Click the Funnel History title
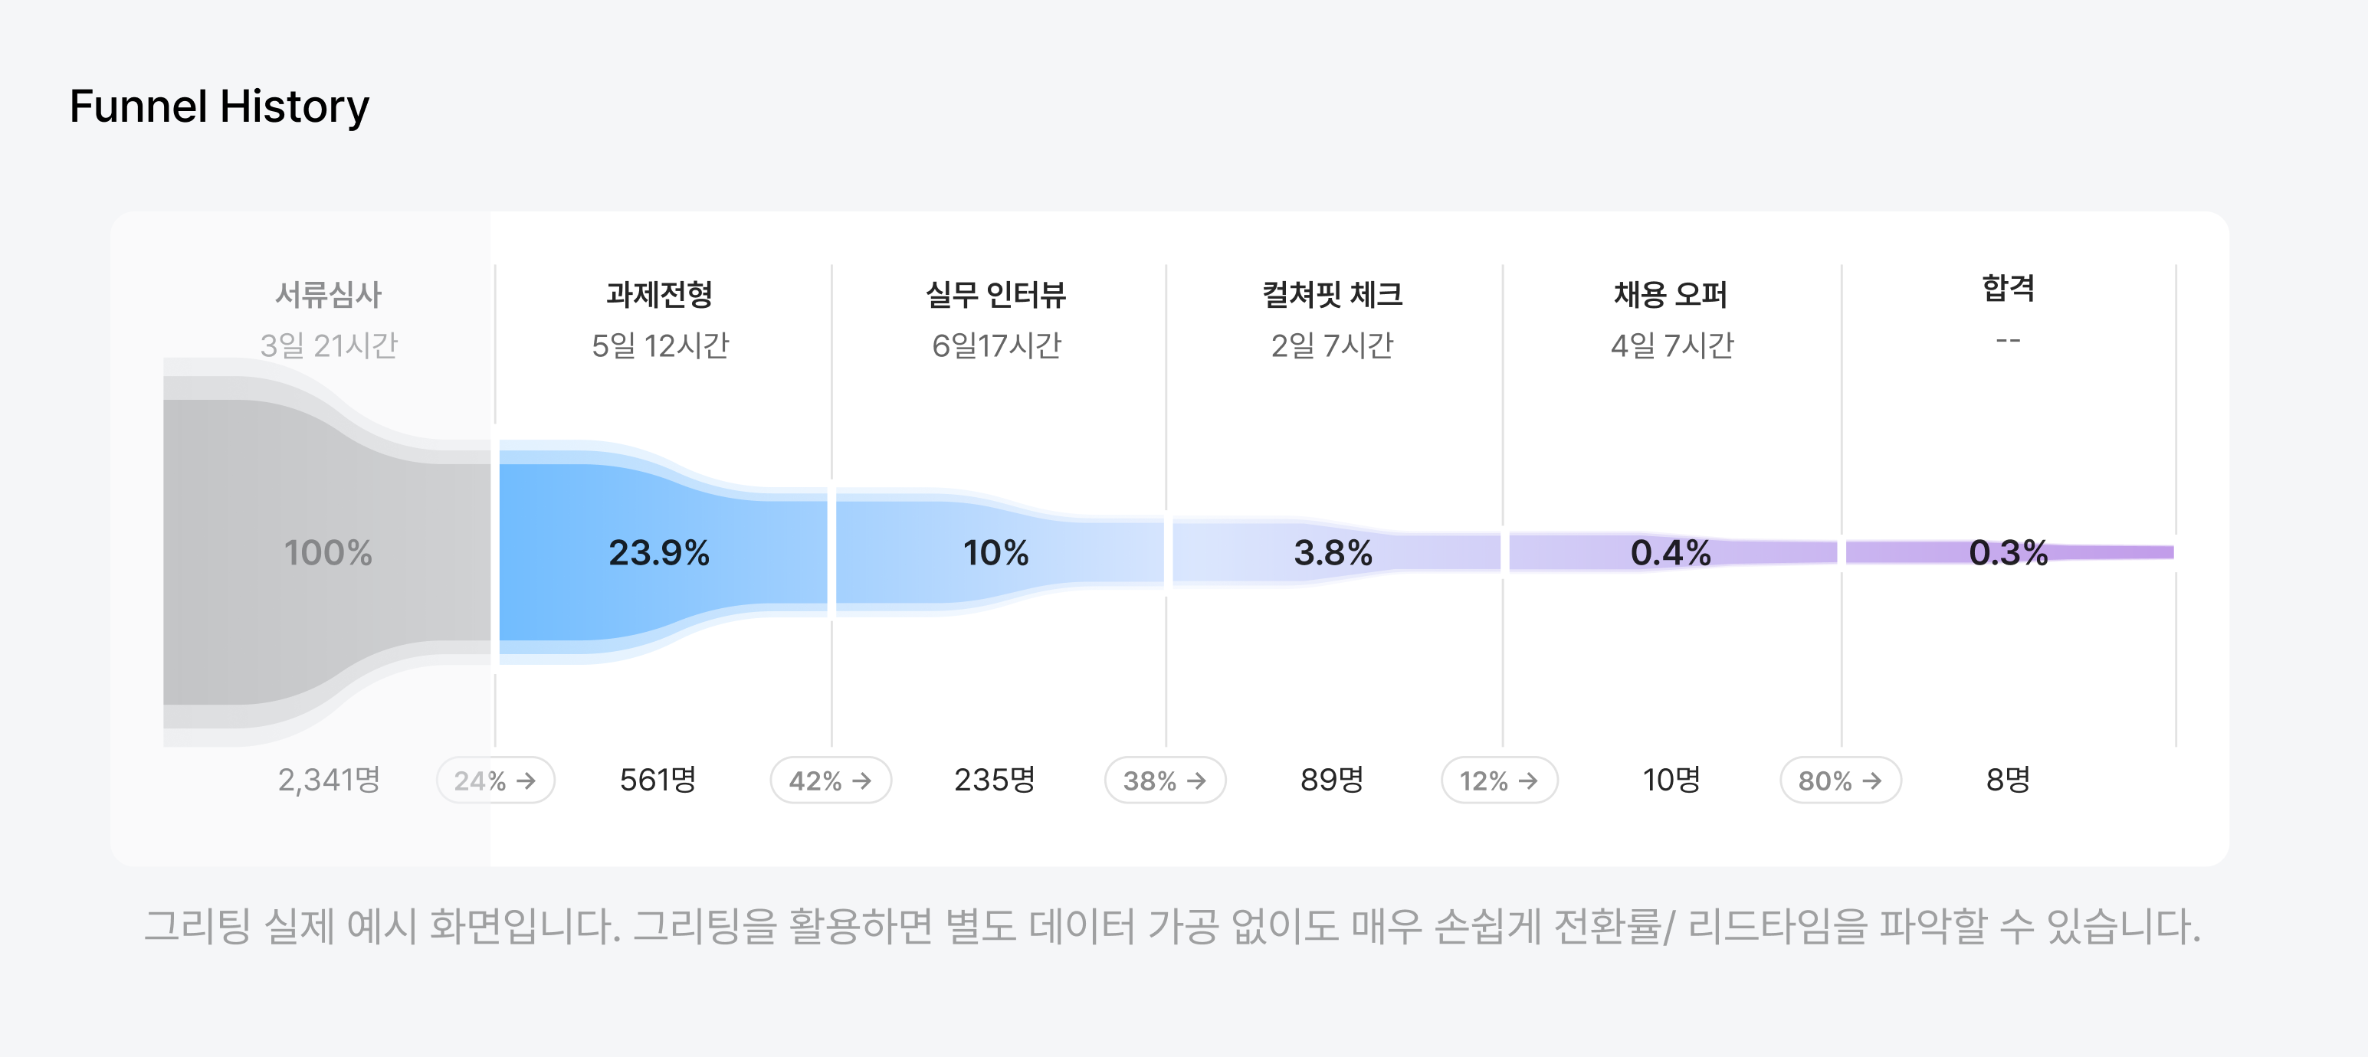218,106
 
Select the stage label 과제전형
659,294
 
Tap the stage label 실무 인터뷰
995,294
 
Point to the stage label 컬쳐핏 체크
1332,294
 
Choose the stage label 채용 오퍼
1671,294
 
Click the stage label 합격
2008,288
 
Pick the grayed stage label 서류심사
328,294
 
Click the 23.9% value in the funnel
659,552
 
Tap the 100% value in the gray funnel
328,552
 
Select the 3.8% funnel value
1333,552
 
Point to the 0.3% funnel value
2009,552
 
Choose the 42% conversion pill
830,780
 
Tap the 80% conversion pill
1840,780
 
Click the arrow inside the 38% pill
1196,780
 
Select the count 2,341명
329,780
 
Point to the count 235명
995,780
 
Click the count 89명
1332,780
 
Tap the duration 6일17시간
996,345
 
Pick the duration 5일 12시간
660,345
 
